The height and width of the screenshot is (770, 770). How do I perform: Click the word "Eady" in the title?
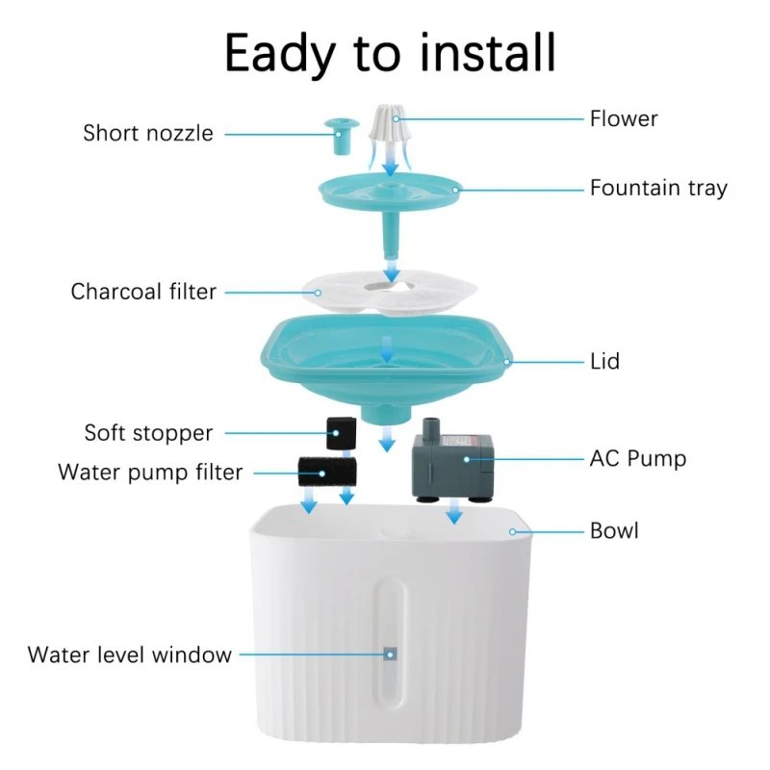(x=290, y=54)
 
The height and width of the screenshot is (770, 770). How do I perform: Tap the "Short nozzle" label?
(x=148, y=133)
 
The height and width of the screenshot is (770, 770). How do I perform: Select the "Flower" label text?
(x=624, y=119)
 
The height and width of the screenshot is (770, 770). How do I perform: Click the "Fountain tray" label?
(x=658, y=188)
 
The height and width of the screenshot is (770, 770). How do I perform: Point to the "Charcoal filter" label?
(x=143, y=291)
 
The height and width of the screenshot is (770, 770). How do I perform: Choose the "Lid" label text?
(x=604, y=362)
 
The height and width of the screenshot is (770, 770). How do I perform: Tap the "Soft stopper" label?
(x=148, y=432)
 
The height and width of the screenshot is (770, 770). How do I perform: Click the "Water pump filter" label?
(x=150, y=473)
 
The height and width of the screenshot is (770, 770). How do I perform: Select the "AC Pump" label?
(x=638, y=458)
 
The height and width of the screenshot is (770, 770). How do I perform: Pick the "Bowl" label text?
(x=614, y=530)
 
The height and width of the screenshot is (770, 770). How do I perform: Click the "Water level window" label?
(x=130, y=654)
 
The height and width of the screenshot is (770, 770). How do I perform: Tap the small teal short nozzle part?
(x=338, y=136)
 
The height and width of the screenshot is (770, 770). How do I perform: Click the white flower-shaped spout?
(x=390, y=130)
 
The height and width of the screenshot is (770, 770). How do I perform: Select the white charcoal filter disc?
(x=389, y=292)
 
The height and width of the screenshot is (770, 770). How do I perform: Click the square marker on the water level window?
(x=391, y=654)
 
